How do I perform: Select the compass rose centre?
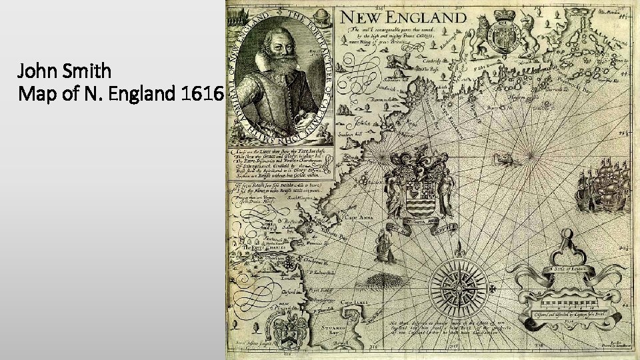coord(460,282)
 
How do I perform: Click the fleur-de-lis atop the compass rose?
coord(460,252)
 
